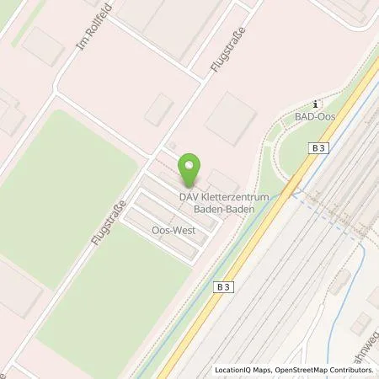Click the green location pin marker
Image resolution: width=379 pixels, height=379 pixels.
(x=192, y=171)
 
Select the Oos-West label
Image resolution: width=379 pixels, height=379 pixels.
(x=168, y=228)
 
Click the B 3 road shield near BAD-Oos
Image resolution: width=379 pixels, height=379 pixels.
(x=318, y=148)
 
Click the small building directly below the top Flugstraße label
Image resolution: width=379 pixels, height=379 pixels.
(x=158, y=109)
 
